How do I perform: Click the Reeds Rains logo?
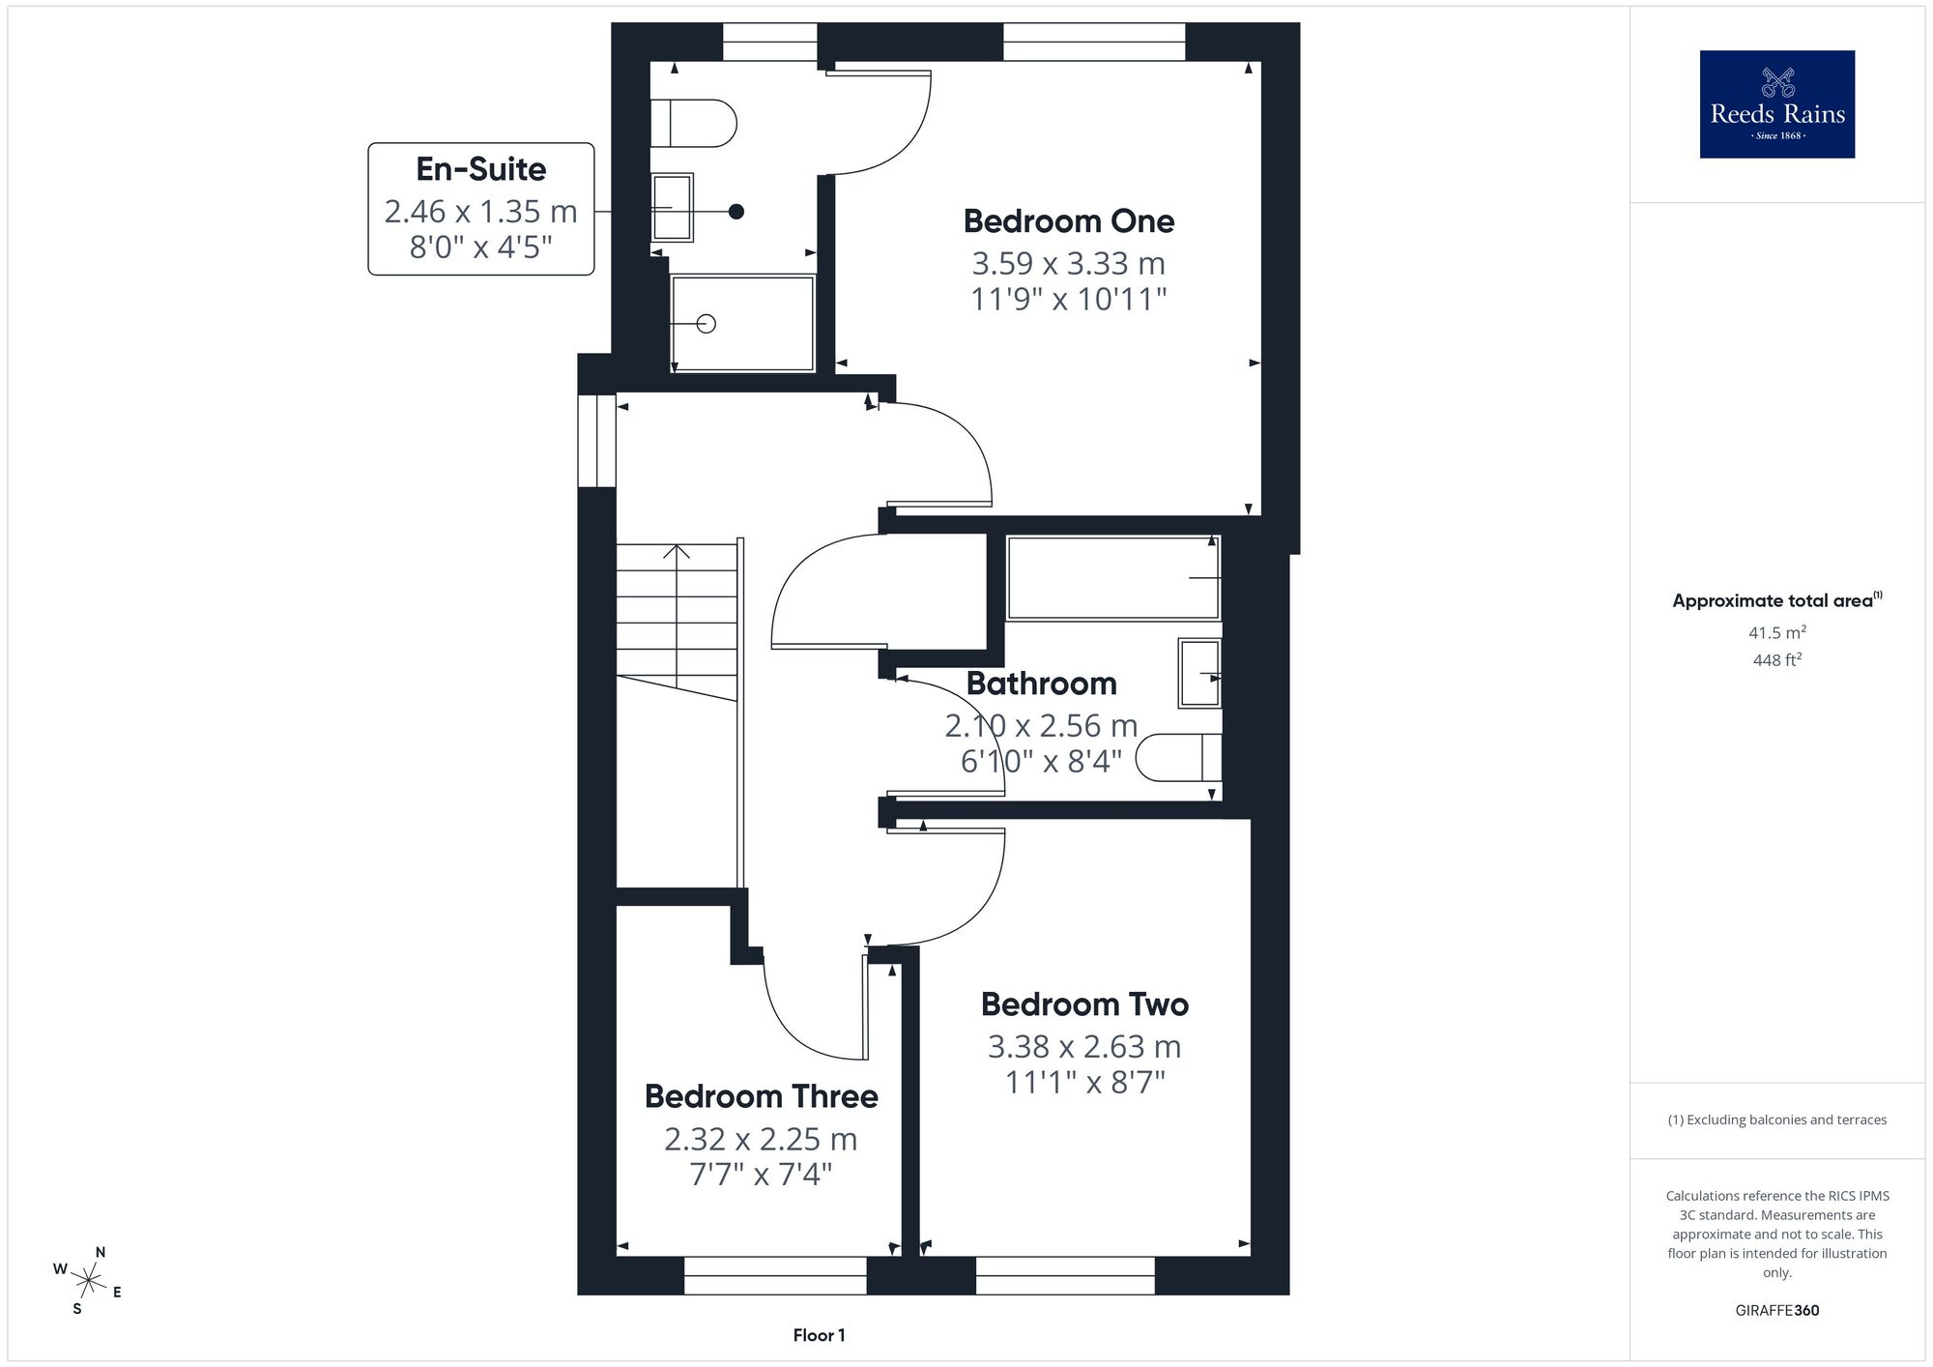tap(1776, 104)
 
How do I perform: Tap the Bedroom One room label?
tap(1069, 221)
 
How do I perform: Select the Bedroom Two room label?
tap(1084, 1004)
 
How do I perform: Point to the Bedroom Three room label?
tap(762, 1096)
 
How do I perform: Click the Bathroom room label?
tap(1041, 683)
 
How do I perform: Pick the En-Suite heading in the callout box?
tap(481, 169)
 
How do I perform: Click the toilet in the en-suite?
tap(693, 124)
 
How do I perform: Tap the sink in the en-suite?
tap(672, 207)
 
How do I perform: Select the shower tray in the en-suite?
tap(743, 323)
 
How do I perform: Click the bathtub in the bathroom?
tap(1113, 578)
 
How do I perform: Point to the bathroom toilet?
tap(1178, 758)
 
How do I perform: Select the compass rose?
tap(88, 1282)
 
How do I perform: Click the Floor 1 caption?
tap(819, 1335)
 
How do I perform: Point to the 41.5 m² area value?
tap(1776, 633)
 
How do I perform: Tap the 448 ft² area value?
tap(1776, 660)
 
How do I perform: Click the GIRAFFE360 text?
tap(1776, 1311)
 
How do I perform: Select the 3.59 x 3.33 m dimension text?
tap(1069, 263)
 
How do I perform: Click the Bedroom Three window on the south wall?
tap(775, 1275)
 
